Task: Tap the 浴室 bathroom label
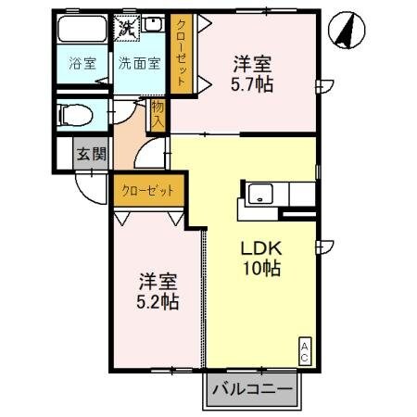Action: point(82,64)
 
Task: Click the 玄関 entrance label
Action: point(91,154)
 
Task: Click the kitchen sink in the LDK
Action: point(259,196)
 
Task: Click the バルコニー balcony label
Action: point(251,389)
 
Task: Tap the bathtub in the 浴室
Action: point(82,33)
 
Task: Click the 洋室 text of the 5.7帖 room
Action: point(252,64)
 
